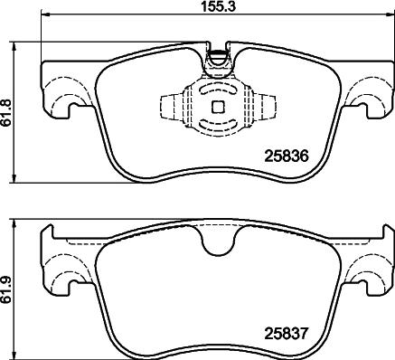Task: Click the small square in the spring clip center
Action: point(216,106)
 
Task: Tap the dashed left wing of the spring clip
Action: point(171,106)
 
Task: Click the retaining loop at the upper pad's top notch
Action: point(216,61)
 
